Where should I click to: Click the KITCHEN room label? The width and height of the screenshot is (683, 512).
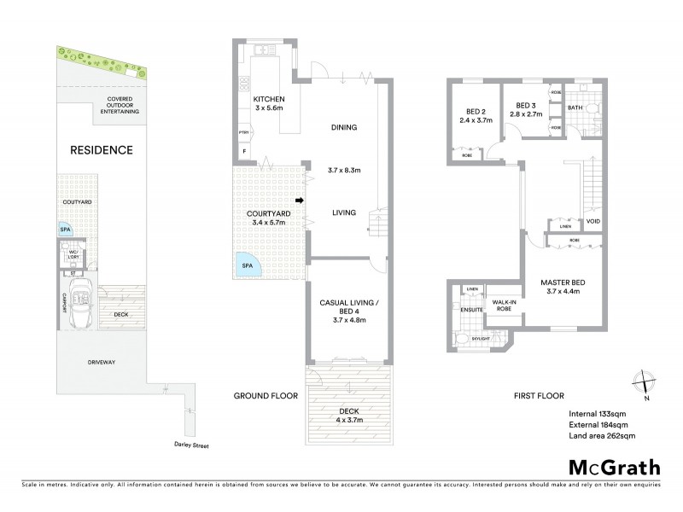tap(269, 99)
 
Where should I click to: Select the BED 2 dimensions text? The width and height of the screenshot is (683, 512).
tap(476, 122)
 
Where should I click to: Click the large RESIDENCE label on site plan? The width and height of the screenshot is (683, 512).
tap(102, 150)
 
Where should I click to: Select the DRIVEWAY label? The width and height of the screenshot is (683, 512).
tap(100, 363)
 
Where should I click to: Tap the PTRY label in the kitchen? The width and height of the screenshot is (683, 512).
tap(244, 133)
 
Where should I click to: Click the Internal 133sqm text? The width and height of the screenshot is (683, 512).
tap(598, 414)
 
